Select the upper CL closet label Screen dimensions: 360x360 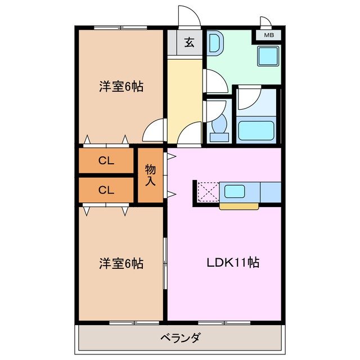coord(106,161)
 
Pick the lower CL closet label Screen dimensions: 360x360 coord(106,190)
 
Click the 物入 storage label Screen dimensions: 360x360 coord(150,174)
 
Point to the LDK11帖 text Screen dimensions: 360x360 coord(232,262)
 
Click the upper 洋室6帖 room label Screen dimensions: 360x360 coord(121,87)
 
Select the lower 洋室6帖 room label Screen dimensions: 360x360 coord(121,263)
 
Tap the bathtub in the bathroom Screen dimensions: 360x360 coord(256,130)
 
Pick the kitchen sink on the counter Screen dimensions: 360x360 coord(235,191)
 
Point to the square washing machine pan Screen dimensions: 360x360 coord(268,56)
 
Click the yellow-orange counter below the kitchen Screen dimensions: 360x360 coord(238,206)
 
